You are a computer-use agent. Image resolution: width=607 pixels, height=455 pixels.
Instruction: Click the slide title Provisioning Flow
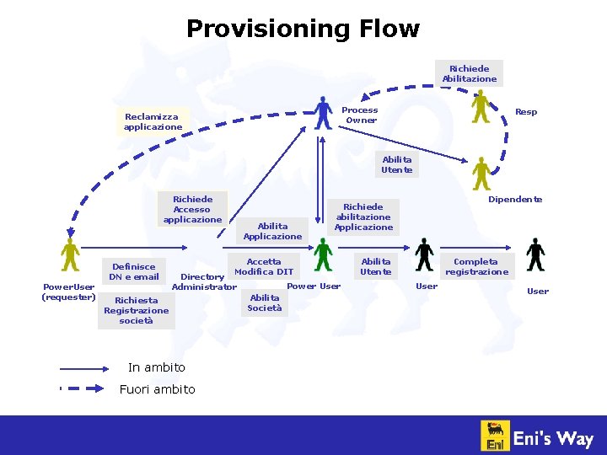pos(303,29)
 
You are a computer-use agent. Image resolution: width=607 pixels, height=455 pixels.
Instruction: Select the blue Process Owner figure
pos(323,112)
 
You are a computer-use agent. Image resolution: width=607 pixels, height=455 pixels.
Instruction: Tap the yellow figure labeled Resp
pos(481,108)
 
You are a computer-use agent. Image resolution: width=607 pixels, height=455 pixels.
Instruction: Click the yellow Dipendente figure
pos(481,174)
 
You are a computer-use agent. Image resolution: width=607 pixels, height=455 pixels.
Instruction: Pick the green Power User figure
pos(323,255)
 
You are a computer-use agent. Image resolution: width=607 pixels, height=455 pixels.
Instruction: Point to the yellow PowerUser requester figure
pos(69,254)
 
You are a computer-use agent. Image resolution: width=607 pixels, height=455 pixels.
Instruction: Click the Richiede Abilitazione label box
pos(470,73)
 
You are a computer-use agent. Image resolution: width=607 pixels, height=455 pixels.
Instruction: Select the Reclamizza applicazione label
pos(153,122)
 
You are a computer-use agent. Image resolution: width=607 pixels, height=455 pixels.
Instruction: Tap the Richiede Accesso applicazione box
pos(192,209)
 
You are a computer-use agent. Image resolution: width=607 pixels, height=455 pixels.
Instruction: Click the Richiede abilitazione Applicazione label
pos(363,217)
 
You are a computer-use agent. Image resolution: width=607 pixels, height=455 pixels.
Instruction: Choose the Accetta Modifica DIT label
pos(264,266)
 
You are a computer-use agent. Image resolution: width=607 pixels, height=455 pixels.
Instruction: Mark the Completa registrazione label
pos(476,266)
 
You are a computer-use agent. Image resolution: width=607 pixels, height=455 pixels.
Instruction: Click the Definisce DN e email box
pos(134,271)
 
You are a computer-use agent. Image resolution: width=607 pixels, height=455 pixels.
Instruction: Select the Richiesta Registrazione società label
pos(136,310)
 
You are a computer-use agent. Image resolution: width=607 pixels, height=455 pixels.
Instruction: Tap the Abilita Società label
pos(265,302)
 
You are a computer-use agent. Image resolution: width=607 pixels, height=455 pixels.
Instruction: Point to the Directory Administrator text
pos(203,281)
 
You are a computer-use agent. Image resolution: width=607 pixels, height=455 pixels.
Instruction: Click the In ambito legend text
pos(156,367)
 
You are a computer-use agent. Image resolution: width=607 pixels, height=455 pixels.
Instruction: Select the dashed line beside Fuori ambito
pos(84,389)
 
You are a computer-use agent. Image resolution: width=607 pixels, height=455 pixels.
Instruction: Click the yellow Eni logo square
pos(495,436)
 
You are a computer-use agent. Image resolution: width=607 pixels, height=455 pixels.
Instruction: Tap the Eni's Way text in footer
pos(554,437)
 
